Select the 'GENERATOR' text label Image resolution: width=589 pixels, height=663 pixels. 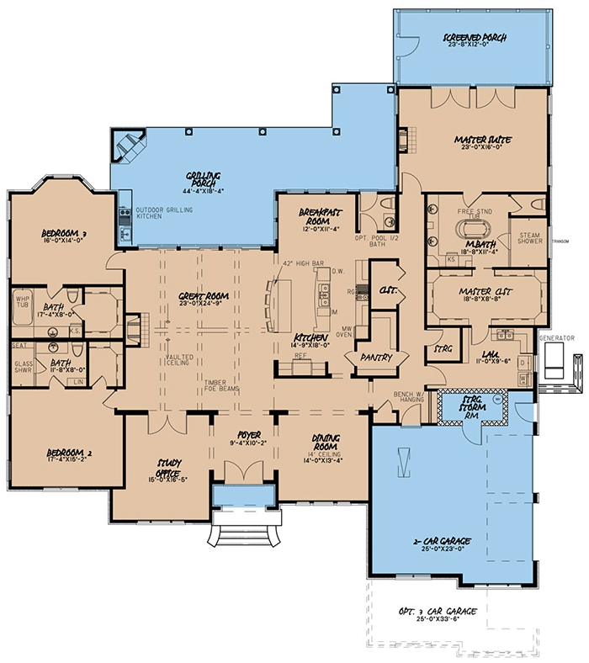557,337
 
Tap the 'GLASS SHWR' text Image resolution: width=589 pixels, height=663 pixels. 23,368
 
